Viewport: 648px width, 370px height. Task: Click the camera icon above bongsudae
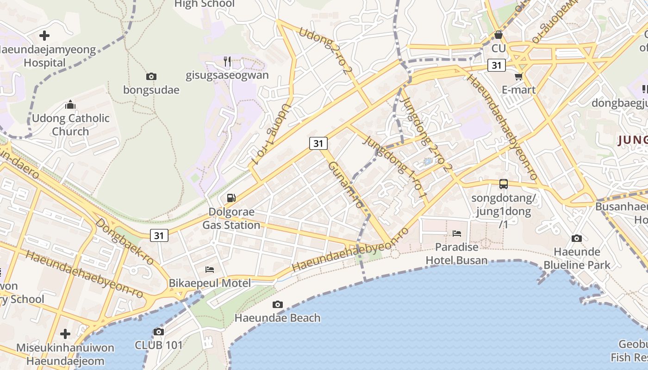151,76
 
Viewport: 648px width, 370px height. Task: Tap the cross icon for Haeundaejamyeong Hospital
44,35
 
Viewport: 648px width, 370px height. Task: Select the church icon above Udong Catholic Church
70,105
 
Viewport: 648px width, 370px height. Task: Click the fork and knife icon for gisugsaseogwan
227,61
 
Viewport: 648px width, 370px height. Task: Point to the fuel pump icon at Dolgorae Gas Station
231,198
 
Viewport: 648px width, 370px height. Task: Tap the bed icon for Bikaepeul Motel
210,269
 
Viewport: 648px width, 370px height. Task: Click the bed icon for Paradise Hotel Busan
457,234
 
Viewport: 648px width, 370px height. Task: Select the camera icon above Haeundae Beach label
277,304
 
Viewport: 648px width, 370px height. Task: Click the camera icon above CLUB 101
159,332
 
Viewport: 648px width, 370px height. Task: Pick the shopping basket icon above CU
498,35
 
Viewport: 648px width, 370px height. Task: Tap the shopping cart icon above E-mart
518,76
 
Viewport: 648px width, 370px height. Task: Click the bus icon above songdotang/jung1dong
504,184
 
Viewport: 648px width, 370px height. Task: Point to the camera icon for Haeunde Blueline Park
576,238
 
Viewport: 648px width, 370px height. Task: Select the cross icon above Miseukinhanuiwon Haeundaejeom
65,333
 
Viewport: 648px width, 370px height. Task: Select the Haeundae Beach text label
277,318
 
